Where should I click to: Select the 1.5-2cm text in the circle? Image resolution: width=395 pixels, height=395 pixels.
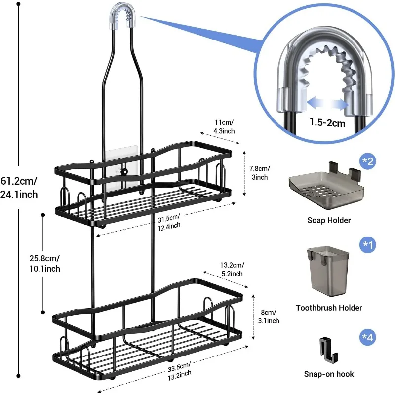tap(327, 123)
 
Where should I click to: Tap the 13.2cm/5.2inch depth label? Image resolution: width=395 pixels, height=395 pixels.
tap(231, 269)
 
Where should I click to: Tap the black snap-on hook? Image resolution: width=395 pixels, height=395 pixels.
tap(328, 349)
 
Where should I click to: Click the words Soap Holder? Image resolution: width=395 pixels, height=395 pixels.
tap(329, 220)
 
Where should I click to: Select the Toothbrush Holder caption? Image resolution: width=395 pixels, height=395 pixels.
tap(329, 308)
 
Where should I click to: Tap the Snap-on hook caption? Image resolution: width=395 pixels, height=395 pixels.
tap(329, 374)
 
